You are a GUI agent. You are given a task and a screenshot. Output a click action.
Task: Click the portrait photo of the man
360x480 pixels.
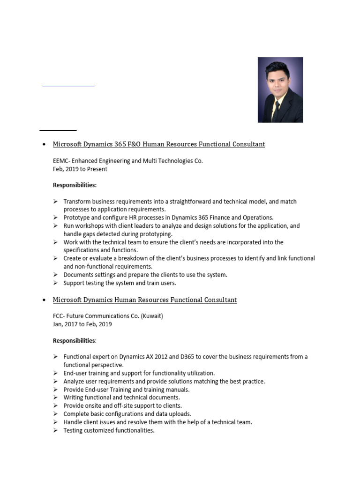(x=280, y=90)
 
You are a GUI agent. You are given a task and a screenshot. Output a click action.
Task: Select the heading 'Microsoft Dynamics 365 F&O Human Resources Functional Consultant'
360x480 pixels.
(x=158, y=144)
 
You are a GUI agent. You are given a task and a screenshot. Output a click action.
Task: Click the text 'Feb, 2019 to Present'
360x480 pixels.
(x=80, y=169)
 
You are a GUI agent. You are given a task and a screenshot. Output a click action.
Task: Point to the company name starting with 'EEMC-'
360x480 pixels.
(x=128, y=161)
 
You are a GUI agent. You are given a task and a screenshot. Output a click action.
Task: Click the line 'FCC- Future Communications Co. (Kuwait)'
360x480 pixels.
(x=108, y=316)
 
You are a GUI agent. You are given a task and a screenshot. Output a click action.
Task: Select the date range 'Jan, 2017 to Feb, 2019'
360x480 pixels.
(x=82, y=324)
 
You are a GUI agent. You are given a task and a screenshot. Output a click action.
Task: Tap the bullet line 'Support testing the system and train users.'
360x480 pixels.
(x=120, y=283)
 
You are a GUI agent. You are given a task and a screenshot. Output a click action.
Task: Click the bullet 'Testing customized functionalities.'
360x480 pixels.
(x=109, y=430)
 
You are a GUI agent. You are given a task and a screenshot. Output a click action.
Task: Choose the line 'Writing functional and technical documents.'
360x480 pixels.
(x=122, y=397)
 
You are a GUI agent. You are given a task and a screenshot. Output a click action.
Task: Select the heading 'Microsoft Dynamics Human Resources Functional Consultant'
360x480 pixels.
(x=145, y=300)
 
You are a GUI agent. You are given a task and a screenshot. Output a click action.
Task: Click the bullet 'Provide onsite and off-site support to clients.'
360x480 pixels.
(x=123, y=405)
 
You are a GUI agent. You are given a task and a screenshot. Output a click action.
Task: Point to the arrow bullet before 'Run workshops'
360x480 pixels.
(x=55, y=226)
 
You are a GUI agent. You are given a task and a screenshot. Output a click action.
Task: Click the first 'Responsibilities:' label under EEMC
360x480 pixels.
(x=75, y=185)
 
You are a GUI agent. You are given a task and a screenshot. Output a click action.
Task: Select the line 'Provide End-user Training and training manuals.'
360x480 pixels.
(x=127, y=390)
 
